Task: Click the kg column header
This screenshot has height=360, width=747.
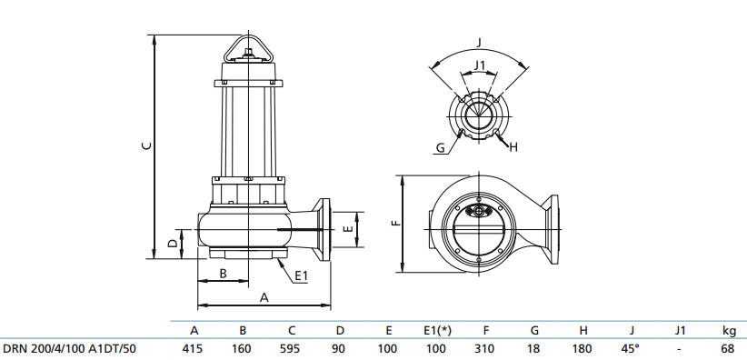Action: [x=728, y=330]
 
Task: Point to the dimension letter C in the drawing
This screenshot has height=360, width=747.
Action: [x=146, y=145]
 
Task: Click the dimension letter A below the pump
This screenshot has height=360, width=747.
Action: [x=264, y=297]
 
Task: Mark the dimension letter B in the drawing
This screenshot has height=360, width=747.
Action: [x=223, y=274]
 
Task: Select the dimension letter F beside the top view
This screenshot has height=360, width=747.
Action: [x=393, y=223]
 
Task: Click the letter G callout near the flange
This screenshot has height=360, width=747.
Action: [x=439, y=147]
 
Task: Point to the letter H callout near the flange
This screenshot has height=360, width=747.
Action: [x=513, y=146]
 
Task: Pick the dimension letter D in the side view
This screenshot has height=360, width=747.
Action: [x=173, y=243]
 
